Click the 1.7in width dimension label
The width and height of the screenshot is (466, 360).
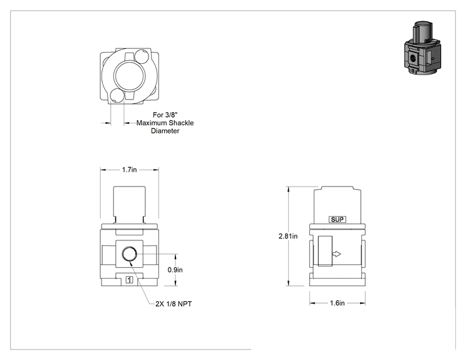pos(129,170)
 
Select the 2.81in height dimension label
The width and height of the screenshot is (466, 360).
pos(288,236)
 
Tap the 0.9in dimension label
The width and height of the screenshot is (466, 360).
pos(175,270)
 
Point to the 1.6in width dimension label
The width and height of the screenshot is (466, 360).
pos(338,303)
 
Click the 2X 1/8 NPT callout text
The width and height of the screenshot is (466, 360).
pos(173,304)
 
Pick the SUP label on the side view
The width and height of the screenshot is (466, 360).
pos(338,220)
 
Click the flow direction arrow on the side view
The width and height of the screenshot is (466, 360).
pos(336,254)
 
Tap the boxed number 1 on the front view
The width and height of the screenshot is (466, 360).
pos(129,279)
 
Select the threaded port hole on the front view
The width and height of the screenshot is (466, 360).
pos(130,254)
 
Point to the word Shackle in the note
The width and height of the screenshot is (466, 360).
pos(181,123)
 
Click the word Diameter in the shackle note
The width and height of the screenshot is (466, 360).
pos(165,131)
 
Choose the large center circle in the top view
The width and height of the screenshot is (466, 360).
pos(130,76)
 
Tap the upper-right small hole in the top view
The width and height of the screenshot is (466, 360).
pos(141,56)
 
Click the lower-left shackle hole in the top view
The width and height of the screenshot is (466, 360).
pos(116,95)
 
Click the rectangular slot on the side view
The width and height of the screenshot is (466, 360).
pos(325,251)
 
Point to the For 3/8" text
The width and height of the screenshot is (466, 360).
pos(165,115)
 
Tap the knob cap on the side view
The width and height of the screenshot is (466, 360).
pos(338,205)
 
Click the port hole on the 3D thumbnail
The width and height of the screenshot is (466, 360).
pos(412,58)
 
